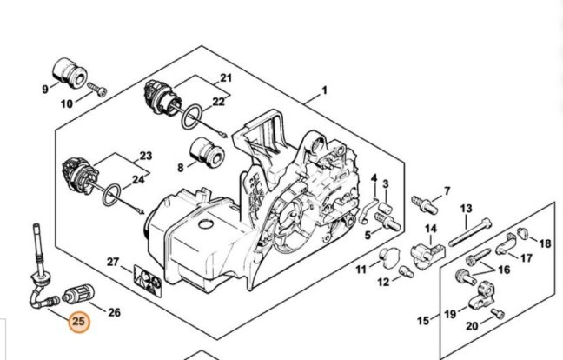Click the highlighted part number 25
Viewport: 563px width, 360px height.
[79, 321]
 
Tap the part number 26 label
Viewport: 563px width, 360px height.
[114, 312]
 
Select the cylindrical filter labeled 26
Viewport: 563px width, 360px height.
[78, 293]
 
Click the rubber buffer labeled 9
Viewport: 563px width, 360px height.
[70, 72]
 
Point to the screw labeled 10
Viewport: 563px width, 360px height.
[97, 89]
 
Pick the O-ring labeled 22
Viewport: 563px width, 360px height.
[191, 117]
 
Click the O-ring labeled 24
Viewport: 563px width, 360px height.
[111, 195]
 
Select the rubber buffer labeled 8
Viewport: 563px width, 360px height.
[207, 153]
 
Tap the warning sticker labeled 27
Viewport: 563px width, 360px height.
[147, 281]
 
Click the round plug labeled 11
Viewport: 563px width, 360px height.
[390, 257]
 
